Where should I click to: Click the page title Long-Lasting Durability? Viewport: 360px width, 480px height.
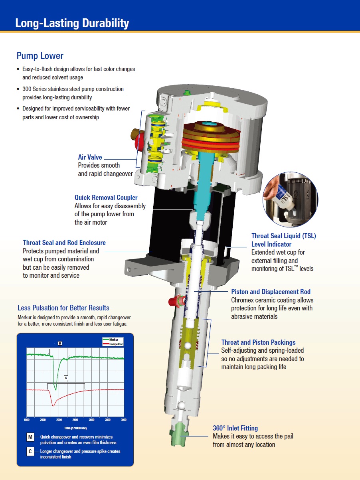click(x=72, y=23)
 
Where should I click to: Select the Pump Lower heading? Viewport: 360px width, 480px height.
click(x=40, y=55)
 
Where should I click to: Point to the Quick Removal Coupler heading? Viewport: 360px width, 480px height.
click(x=106, y=198)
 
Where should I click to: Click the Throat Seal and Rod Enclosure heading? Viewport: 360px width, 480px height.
click(x=64, y=243)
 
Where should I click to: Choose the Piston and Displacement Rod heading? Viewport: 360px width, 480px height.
click(x=271, y=292)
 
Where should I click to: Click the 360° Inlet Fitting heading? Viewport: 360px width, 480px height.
click(x=235, y=428)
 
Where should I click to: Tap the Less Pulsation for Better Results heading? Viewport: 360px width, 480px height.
click(x=63, y=308)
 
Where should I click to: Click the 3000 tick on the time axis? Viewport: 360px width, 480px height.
click(x=123, y=420)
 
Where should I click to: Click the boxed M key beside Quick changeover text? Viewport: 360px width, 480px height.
click(x=30, y=437)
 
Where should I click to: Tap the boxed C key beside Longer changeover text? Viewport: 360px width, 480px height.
click(x=30, y=452)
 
